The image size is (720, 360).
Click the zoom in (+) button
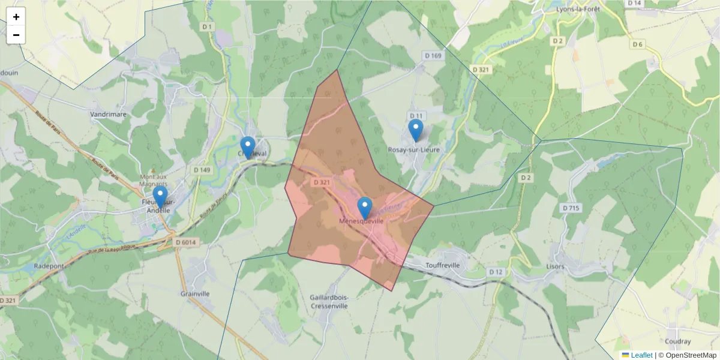pyautogui.click(x=16, y=17)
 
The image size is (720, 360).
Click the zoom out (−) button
pyautogui.click(x=16, y=35)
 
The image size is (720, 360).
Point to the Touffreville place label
pyautogui.click(x=442, y=265)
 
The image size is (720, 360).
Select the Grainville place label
pyautogui.click(x=195, y=294)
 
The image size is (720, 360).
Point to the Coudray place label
pyautogui.click(x=678, y=342)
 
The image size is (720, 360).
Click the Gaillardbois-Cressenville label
pyautogui.click(x=329, y=301)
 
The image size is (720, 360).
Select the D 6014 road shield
pyautogui.click(x=185, y=242)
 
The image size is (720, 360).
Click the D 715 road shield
pyautogui.click(x=571, y=208)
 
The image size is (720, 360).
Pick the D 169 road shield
pyautogui.click(x=432, y=56)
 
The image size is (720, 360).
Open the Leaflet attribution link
pyautogui.click(x=641, y=355)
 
